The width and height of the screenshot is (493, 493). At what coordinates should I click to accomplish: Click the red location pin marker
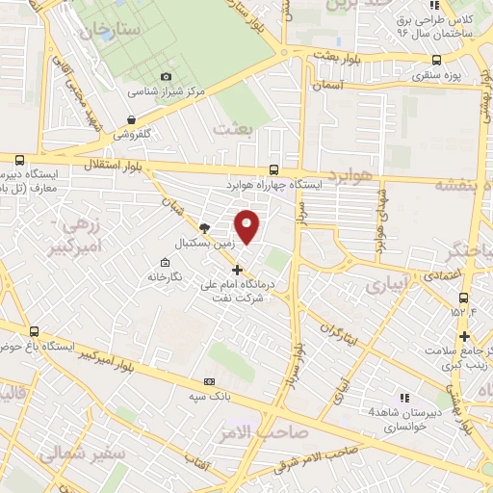coord(247,226)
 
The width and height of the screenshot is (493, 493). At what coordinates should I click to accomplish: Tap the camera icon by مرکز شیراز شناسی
coord(166,77)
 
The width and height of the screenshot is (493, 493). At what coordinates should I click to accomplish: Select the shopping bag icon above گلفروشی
coord(130,120)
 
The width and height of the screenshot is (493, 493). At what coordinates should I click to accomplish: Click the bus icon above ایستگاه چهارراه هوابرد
coord(275,169)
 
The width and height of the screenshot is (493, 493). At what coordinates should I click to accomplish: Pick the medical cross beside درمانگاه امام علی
coord(238,269)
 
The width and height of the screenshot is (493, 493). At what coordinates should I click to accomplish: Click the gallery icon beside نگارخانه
coord(165,262)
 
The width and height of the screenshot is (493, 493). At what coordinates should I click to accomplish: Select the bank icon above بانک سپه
coord(210,382)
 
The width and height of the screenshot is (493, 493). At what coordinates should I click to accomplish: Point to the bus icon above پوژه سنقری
coord(438,58)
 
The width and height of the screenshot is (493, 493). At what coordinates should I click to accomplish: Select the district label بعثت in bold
coord(235,129)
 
